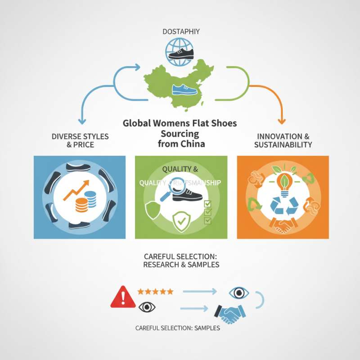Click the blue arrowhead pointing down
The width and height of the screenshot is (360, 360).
(81, 121)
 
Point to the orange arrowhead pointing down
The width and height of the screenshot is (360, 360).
(282, 121)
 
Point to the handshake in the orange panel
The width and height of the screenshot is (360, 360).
(282, 226)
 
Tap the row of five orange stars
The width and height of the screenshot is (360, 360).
(155, 292)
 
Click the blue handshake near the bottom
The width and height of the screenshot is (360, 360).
(229, 312)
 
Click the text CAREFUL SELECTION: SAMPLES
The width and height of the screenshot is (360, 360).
(178, 328)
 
